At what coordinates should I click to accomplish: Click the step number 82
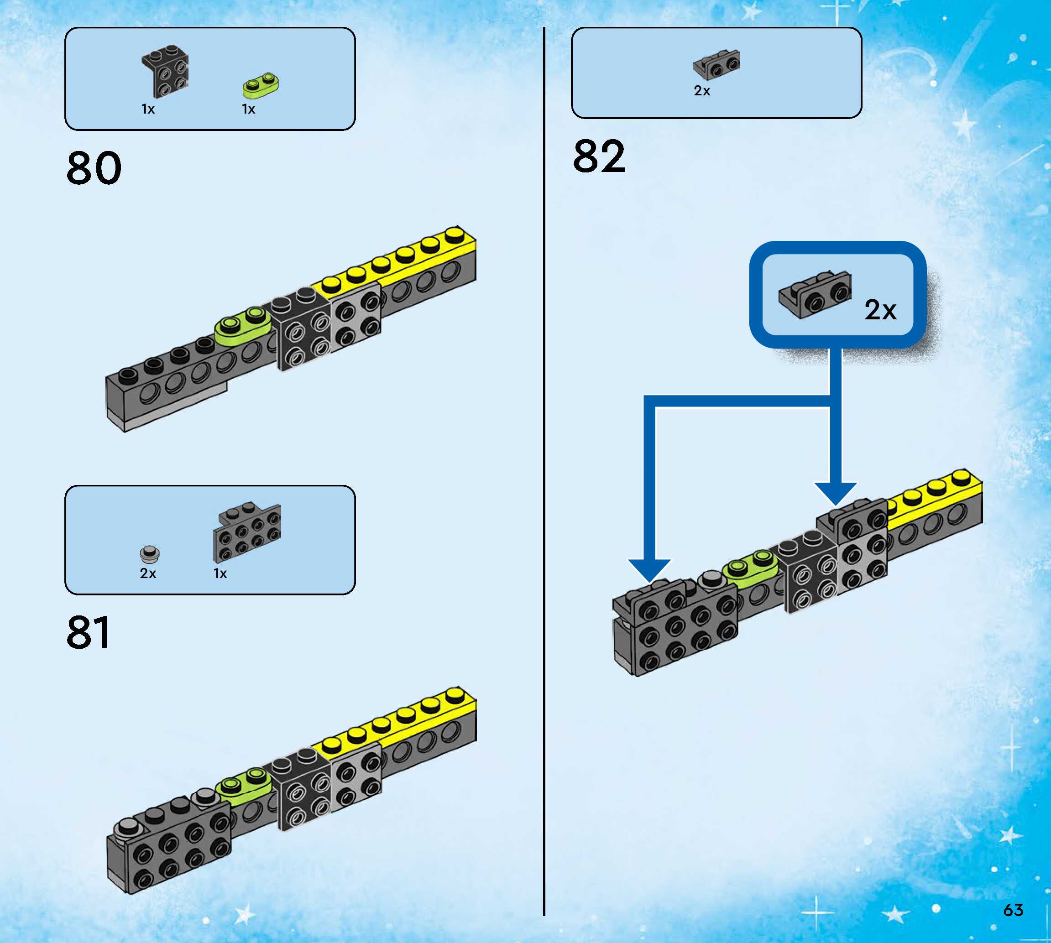tap(599, 156)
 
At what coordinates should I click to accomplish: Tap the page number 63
tap(1013, 910)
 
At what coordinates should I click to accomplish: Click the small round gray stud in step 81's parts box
tap(150, 554)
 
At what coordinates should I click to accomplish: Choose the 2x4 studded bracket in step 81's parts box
tap(247, 532)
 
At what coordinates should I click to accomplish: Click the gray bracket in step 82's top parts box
tap(717, 64)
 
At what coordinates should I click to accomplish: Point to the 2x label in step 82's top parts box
tap(702, 91)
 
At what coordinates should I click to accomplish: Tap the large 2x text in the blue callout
tap(880, 310)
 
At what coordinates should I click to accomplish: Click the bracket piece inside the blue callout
tap(815, 294)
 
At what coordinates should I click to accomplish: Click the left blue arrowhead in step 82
tap(649, 569)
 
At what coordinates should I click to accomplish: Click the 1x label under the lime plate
tap(248, 109)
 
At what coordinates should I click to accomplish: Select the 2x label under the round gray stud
tap(148, 573)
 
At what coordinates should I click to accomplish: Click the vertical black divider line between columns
tap(544, 466)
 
